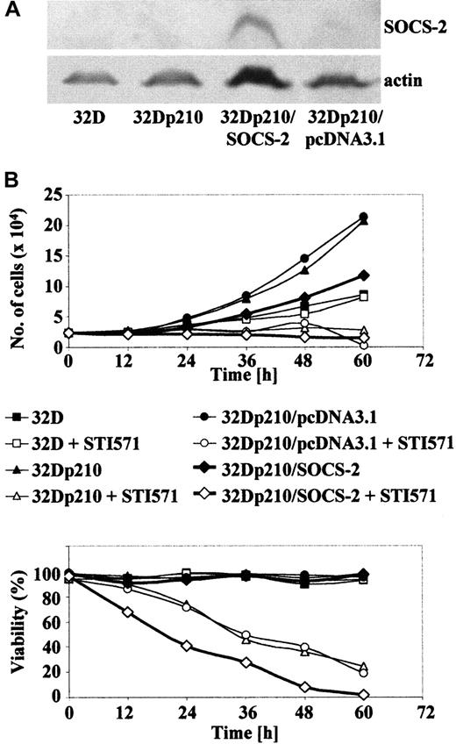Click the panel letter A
tap(11, 11)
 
